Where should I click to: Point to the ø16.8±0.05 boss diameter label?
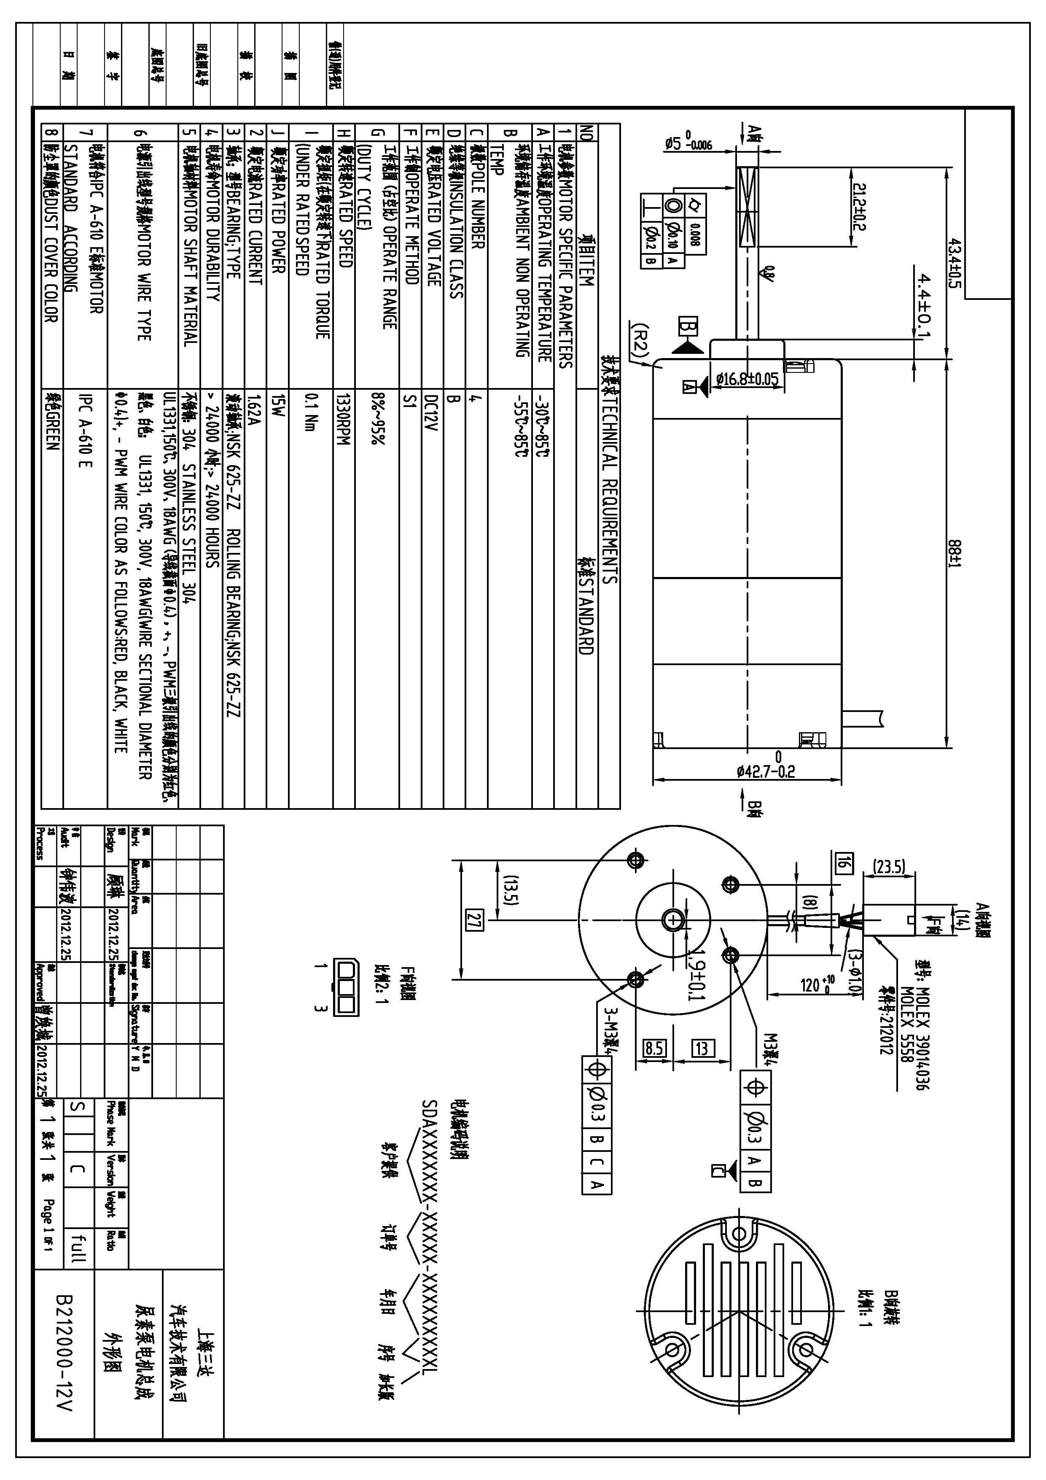[x=748, y=379]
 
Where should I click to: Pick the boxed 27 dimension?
[x=474, y=919]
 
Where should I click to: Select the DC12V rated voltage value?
[x=432, y=412]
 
